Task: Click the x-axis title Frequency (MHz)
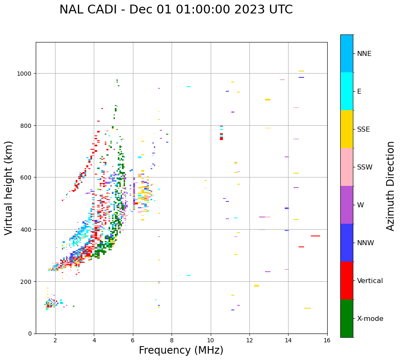(x=181, y=350)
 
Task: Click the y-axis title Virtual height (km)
(x=9, y=188)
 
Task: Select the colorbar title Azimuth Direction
(x=391, y=186)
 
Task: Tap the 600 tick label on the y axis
(x=26, y=177)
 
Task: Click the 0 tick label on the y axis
(x=29, y=334)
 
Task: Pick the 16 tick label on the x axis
(x=327, y=341)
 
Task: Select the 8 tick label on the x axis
(x=172, y=341)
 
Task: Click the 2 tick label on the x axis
(x=55, y=341)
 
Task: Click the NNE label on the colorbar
(x=364, y=54)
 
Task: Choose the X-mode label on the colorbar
(x=370, y=319)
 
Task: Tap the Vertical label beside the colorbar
(x=370, y=281)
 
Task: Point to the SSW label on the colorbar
(x=365, y=167)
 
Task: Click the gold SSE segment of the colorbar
(x=347, y=129)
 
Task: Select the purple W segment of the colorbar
(x=347, y=205)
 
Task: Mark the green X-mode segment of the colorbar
(x=347, y=318)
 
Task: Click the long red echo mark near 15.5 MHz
(x=315, y=236)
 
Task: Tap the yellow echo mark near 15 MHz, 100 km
(x=307, y=308)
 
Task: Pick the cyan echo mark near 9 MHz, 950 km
(x=188, y=87)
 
